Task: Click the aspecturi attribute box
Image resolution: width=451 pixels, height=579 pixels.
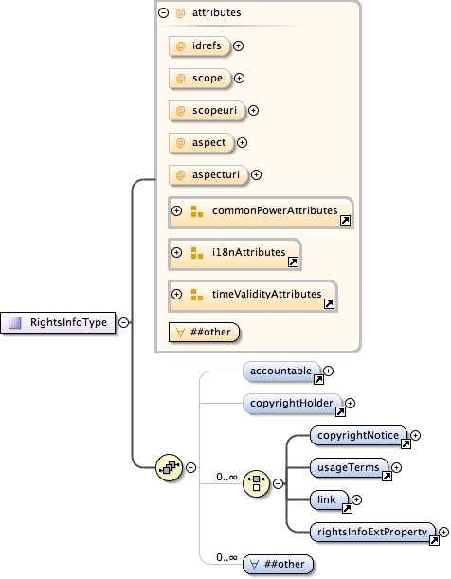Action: (x=207, y=174)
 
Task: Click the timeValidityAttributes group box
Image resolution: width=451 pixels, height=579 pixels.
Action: (x=252, y=294)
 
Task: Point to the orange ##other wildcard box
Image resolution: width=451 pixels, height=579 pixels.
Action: (x=203, y=332)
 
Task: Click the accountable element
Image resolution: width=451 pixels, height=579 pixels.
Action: (x=282, y=371)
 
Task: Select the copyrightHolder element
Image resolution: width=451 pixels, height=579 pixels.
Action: (x=292, y=404)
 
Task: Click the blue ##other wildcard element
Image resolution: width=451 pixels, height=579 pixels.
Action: (x=279, y=564)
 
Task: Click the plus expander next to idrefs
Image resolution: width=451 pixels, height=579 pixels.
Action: (x=239, y=45)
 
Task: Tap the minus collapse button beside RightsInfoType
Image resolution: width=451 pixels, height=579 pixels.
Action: (x=123, y=323)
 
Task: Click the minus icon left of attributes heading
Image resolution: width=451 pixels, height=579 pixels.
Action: (x=163, y=13)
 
